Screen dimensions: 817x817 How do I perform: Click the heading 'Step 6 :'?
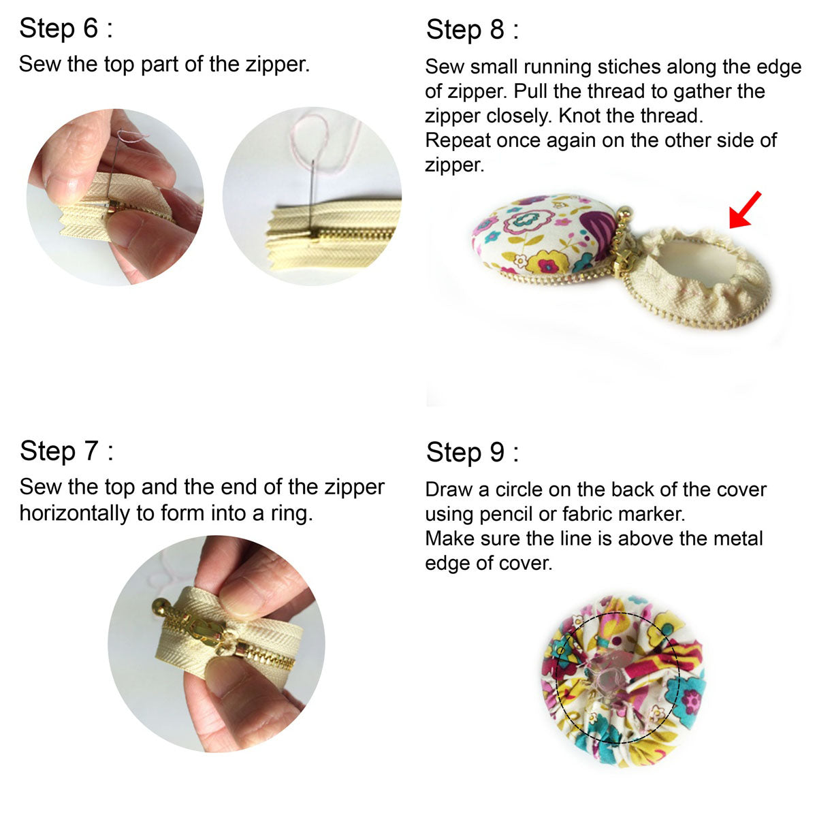tap(66, 29)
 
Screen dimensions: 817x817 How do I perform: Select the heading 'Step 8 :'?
tap(472, 30)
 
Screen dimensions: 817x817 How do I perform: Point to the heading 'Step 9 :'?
tap(472, 452)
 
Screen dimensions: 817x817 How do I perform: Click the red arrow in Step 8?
tap(745, 210)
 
